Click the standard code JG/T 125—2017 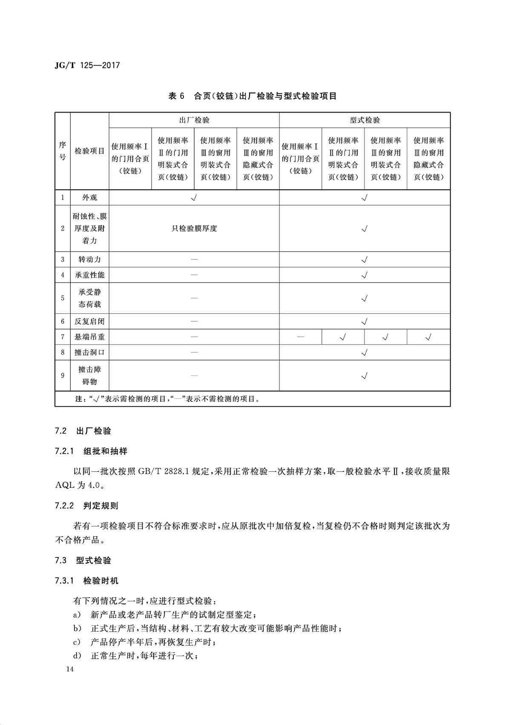coord(87,65)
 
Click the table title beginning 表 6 coord(253,96)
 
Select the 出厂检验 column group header coord(194,120)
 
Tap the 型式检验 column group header coord(365,120)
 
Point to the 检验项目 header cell coord(89,151)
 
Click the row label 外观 coord(89,197)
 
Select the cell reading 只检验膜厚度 coord(194,228)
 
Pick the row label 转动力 coord(89,259)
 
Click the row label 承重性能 coord(89,275)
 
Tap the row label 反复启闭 coord(89,321)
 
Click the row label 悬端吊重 coord(89,337)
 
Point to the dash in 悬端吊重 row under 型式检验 coord(301,337)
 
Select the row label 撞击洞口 coord(89,352)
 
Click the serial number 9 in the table coord(63,375)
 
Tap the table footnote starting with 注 coord(167,399)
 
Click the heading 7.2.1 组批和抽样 coord(91,451)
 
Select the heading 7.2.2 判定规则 coord(86,506)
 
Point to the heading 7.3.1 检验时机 coord(86,581)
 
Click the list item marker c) coord(77,642)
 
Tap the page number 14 coord(70,669)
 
